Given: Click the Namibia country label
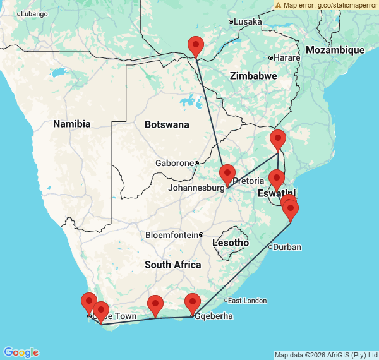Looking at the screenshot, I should pos(71,124).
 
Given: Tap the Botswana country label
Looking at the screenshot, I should pos(167,124).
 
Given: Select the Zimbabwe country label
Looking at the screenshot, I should pos(253,75).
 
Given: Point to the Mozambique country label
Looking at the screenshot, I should pos(335,50).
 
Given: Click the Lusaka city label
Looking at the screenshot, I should pos(248,21).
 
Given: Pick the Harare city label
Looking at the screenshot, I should pos(287,57).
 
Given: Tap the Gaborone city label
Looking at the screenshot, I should pos(174,163).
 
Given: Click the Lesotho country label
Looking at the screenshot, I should pos(231,243).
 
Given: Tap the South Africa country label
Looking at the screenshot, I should pos(172,265).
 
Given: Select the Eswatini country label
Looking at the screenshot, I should pos(277,193).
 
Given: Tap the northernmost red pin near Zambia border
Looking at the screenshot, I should pos(196,46).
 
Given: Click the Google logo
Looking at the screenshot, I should pos(20,352).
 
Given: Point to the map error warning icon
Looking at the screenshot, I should pos(279,4).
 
